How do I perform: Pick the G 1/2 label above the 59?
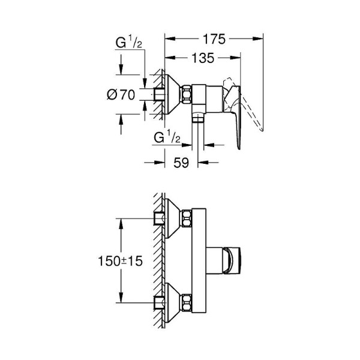[x=167, y=137]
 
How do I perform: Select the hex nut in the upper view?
[x=187, y=95]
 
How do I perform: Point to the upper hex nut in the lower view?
[x=187, y=217]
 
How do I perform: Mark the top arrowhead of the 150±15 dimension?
[x=122, y=221]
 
